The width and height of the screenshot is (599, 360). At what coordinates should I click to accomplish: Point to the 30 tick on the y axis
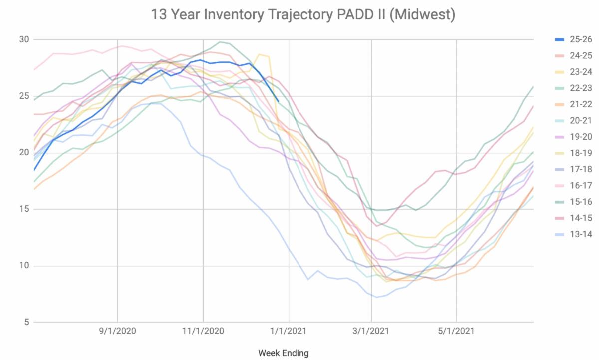point(24,39)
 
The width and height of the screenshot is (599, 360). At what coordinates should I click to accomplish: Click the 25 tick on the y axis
point(24,96)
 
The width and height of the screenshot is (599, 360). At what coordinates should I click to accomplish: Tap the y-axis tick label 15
point(24,209)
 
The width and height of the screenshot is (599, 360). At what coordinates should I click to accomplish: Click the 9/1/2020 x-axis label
point(118,331)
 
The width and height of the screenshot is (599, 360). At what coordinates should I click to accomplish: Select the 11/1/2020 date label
point(203,331)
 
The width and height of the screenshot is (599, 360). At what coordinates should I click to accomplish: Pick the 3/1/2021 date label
point(371,331)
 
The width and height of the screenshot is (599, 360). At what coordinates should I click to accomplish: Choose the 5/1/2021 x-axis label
point(456,331)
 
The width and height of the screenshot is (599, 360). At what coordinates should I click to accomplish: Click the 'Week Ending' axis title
point(283,353)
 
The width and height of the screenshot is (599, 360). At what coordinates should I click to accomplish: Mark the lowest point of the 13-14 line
point(377,297)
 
